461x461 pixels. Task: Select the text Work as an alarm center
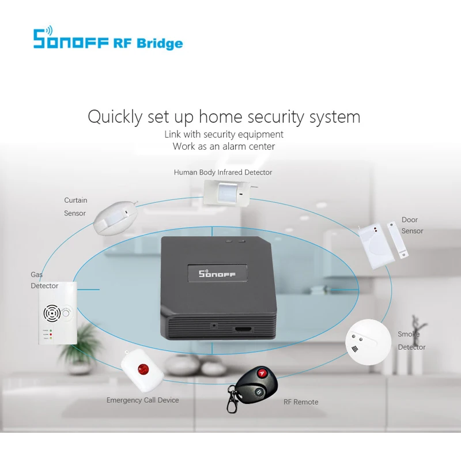[224, 146]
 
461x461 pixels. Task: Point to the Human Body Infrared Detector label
[223, 172]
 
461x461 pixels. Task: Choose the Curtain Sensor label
[75, 207]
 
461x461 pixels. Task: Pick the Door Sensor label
[412, 225]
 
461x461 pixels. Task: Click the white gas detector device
[56, 313]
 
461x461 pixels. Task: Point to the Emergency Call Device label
[142, 400]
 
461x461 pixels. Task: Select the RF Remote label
[301, 402]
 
